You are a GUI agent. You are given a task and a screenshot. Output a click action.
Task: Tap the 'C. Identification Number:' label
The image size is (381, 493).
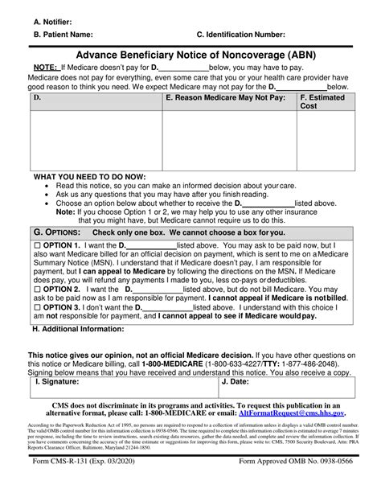(240, 35)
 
